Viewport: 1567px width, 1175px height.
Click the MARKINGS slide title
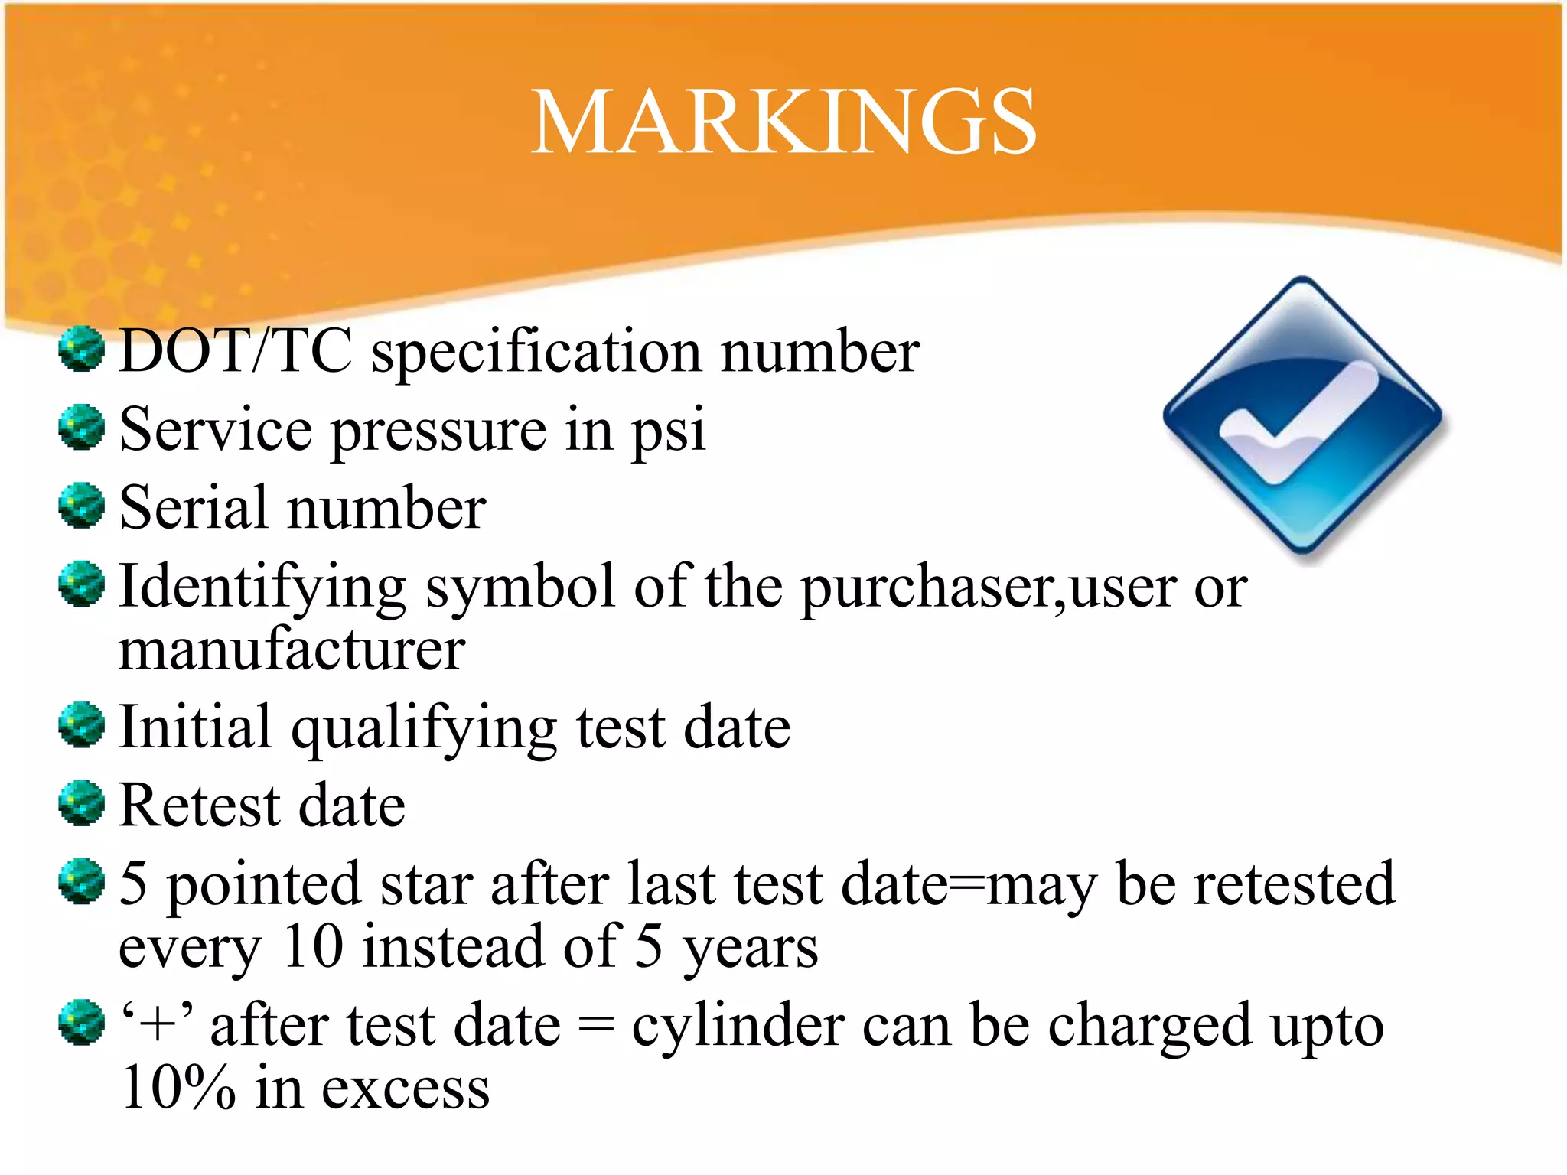[783, 122]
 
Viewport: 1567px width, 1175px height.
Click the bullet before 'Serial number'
[81, 505]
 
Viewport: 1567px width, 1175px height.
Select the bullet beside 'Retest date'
[81, 803]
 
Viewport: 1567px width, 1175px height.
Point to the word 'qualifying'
[425, 728]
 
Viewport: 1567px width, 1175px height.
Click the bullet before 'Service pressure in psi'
[81, 427]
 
